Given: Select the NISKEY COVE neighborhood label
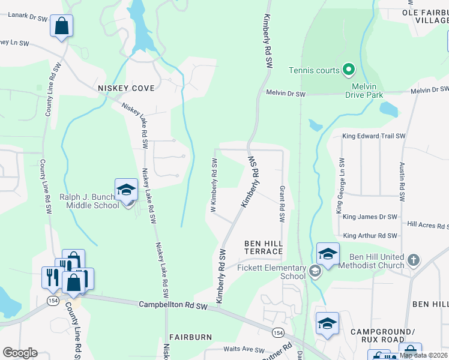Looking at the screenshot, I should (126, 88).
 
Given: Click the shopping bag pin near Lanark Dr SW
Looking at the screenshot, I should (61, 26).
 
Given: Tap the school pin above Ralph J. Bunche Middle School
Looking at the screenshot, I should (127, 190).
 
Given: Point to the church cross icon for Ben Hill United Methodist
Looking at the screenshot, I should (413, 260).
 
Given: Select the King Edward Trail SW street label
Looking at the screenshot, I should (373, 136).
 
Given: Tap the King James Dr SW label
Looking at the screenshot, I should (367, 217).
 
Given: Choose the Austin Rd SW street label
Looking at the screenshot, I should (401, 179).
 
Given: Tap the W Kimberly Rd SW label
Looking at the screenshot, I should (213, 185).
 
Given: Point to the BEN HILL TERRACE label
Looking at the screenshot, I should (263, 247).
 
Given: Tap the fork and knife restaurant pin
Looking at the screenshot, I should (50, 277).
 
